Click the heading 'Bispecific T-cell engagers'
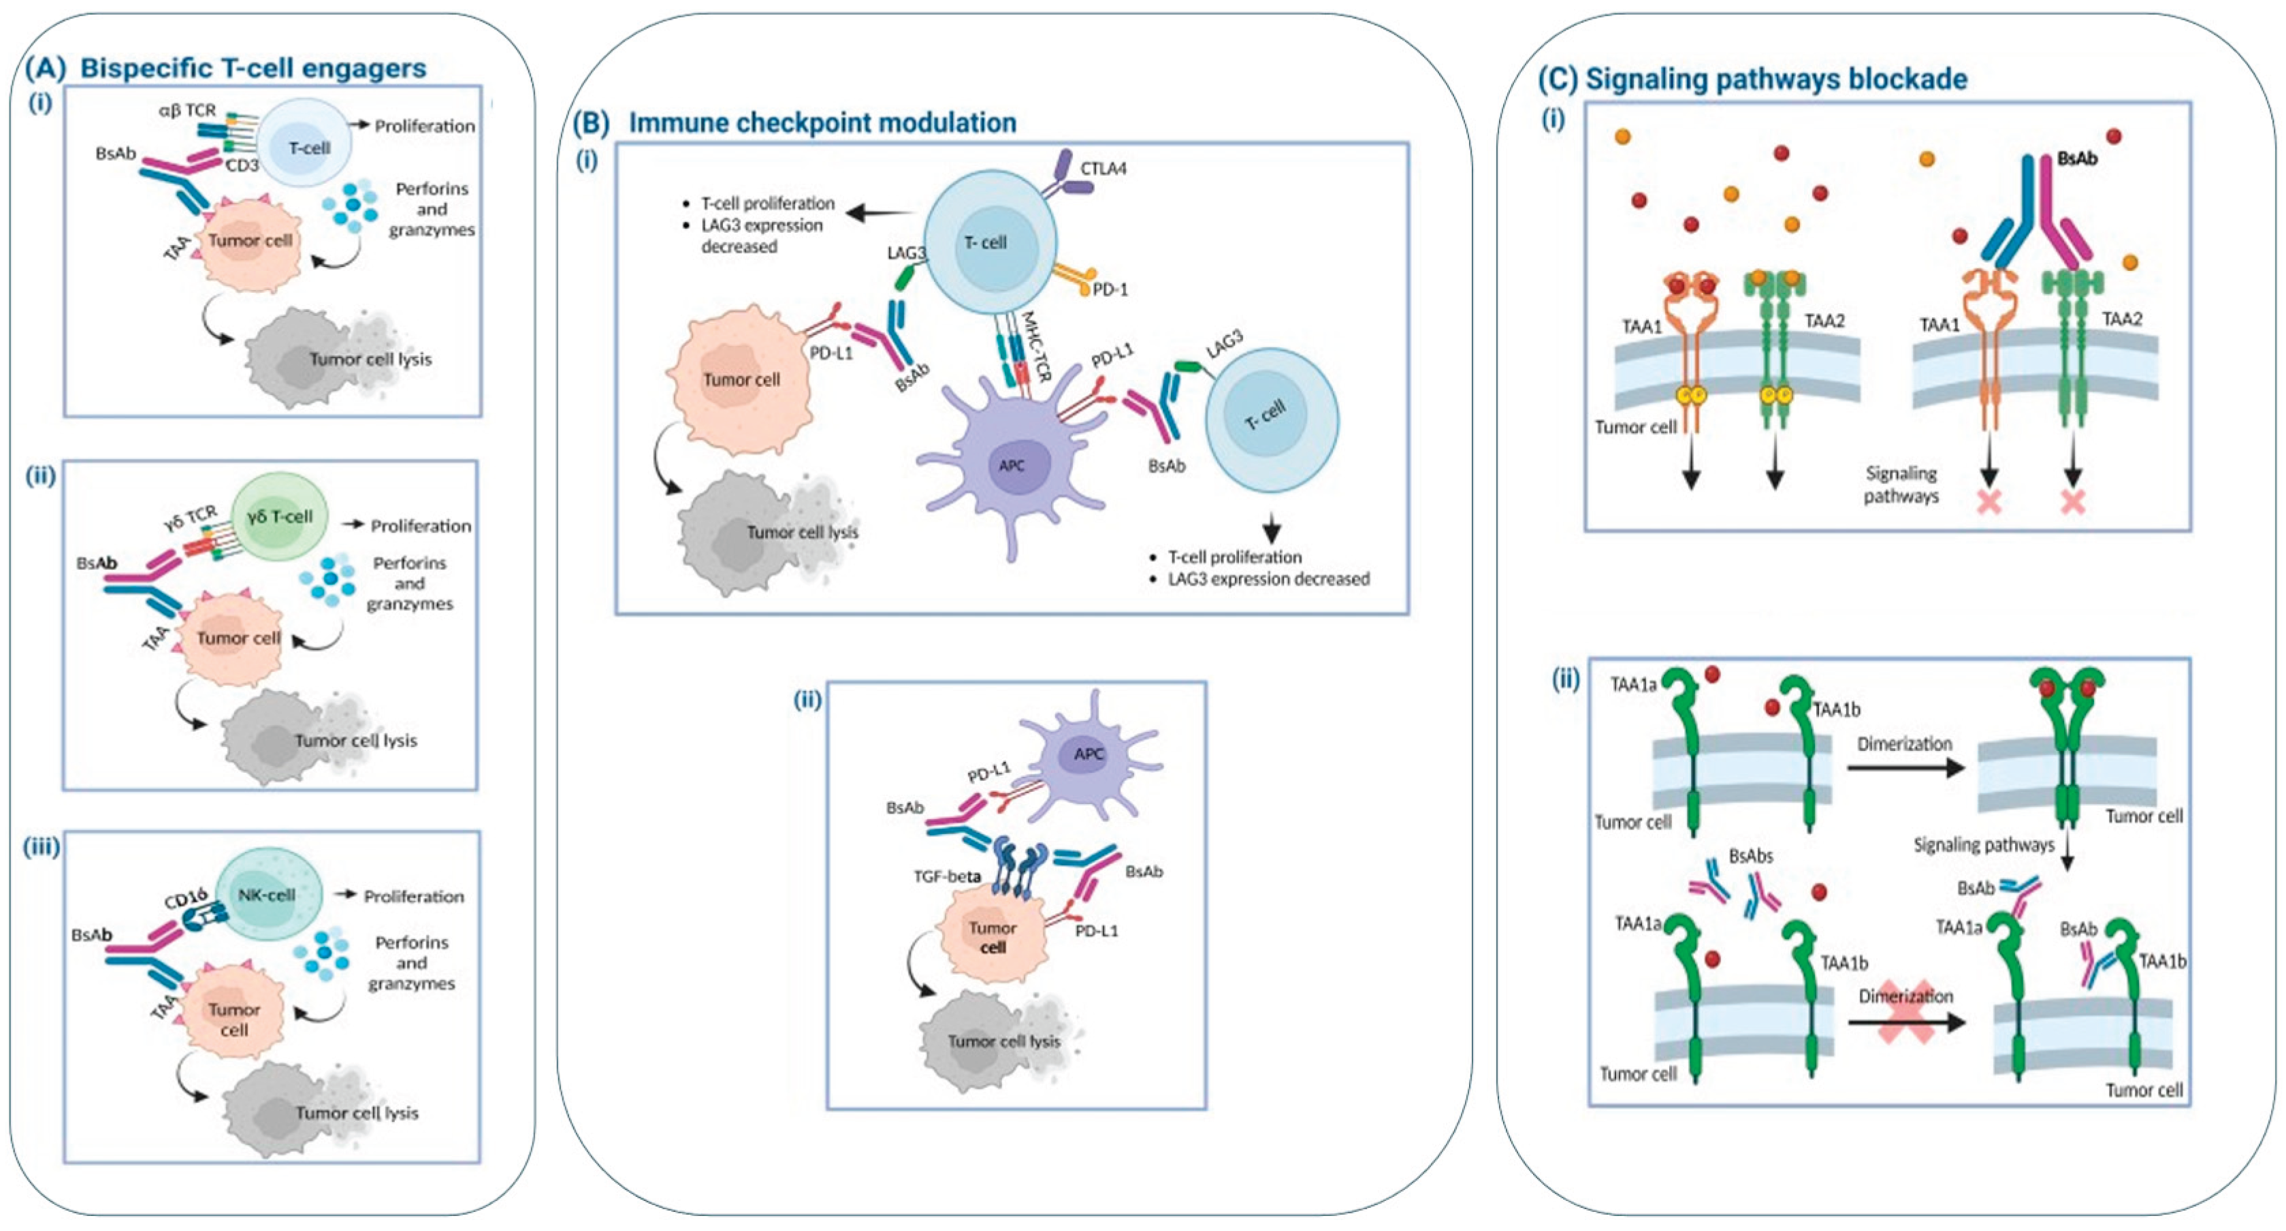click(253, 68)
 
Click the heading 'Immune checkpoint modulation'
click(822, 123)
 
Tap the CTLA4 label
click(1103, 167)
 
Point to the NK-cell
click(265, 895)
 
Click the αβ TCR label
click(187, 111)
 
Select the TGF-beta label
click(947, 876)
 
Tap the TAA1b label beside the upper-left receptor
click(1835, 710)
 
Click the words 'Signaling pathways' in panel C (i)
click(1901, 485)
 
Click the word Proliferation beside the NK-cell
click(413, 897)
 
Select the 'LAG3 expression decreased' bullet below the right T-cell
click(1268, 579)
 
